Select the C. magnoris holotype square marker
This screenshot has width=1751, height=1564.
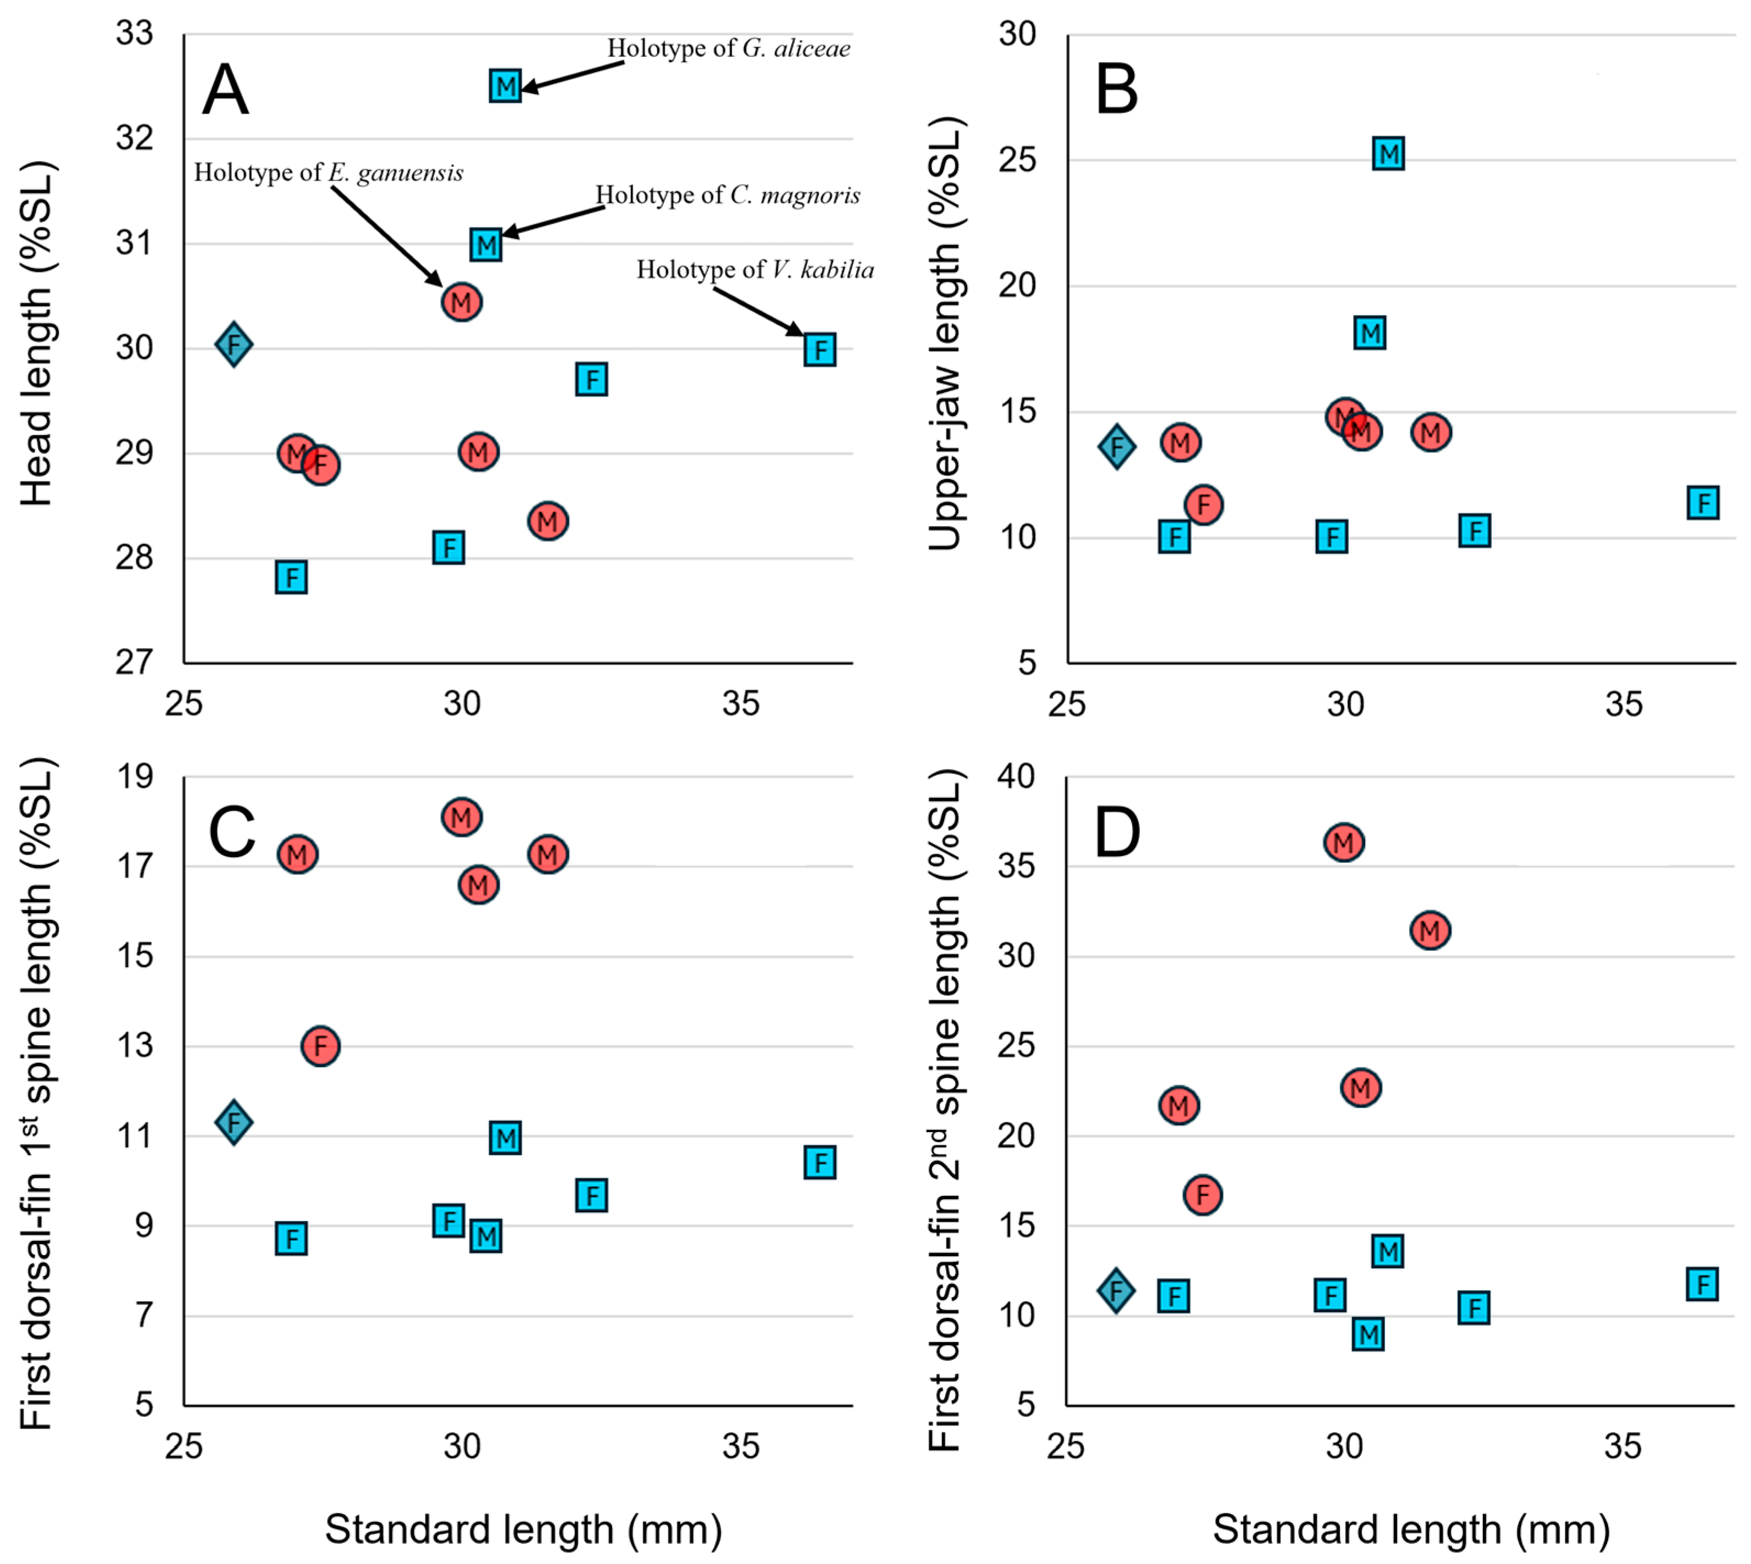coord(486,246)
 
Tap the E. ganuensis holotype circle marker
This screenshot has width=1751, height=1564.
coord(462,302)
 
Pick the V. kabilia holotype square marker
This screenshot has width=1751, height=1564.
coord(820,350)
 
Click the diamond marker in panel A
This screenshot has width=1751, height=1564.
coord(234,345)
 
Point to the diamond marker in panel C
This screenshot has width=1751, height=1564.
coord(234,1122)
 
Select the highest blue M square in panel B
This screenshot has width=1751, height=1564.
coord(1388,154)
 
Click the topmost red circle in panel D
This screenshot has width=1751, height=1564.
coord(1344,842)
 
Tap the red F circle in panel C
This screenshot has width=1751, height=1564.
coord(320,1046)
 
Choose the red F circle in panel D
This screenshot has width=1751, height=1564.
coord(1203,1195)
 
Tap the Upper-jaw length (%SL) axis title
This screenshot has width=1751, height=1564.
coord(945,334)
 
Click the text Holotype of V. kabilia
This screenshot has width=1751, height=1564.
coord(755,270)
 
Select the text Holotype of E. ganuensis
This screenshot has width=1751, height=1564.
coord(328,173)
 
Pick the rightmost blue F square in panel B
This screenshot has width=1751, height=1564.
coord(1703,503)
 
